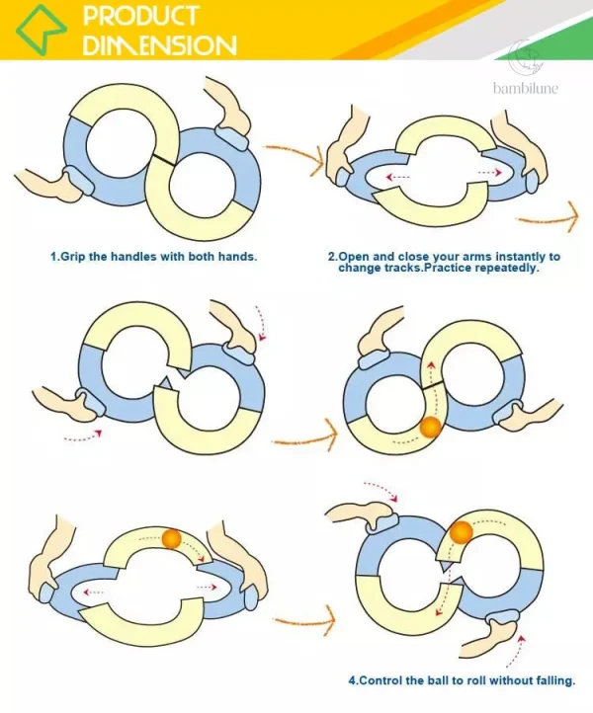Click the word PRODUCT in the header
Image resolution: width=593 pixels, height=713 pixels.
click(140, 16)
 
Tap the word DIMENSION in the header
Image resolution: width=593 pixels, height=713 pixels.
click(160, 44)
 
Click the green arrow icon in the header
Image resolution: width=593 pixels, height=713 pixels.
click(42, 30)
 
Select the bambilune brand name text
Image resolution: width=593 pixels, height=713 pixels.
click(526, 88)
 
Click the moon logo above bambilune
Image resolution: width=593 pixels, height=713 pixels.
click(527, 58)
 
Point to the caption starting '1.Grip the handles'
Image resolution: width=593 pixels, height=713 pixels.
click(154, 257)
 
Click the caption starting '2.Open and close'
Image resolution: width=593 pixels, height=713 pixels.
click(444, 262)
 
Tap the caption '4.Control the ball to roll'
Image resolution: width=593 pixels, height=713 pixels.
click(462, 680)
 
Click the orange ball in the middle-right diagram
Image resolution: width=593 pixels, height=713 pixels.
click(430, 428)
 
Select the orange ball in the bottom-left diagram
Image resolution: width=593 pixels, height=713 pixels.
click(172, 538)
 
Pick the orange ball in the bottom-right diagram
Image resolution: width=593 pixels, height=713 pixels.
click(461, 532)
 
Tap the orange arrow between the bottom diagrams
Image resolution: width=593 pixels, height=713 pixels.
click(305, 621)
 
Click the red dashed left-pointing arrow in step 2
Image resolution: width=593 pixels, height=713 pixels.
click(397, 177)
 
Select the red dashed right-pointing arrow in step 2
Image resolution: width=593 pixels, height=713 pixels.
click(489, 173)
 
